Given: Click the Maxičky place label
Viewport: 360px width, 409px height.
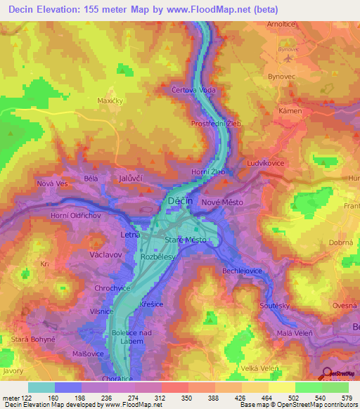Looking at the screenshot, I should (x=110, y=101).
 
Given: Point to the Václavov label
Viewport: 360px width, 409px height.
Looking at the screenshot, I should (x=108, y=257).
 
